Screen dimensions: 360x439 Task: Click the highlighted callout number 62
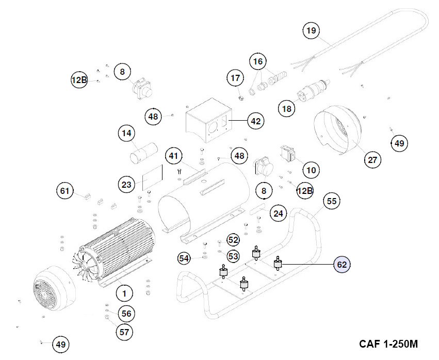click(342, 265)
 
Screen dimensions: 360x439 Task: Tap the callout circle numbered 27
click(371, 160)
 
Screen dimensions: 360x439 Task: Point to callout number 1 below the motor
click(124, 293)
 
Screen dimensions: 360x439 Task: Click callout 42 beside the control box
click(255, 121)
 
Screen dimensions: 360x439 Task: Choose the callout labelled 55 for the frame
click(332, 202)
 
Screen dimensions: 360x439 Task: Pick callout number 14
click(126, 134)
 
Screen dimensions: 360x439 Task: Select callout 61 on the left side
click(65, 191)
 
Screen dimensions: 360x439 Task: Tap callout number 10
click(311, 170)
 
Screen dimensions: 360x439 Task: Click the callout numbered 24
click(279, 213)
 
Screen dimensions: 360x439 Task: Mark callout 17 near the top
click(235, 78)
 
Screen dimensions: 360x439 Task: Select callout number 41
click(174, 156)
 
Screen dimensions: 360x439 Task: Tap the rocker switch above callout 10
click(288, 152)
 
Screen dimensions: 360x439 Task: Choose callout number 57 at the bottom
click(124, 332)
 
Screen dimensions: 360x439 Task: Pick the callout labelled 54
click(185, 257)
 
